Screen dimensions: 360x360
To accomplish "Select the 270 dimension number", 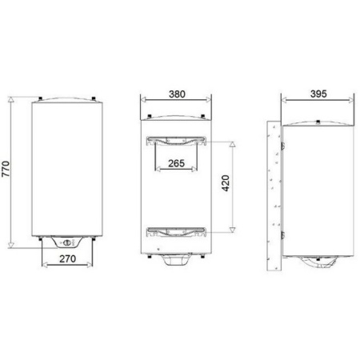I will click(x=67, y=260).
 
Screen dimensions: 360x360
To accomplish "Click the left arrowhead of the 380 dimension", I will click(x=142, y=101).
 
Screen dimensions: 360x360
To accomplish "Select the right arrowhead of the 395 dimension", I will click(x=353, y=101).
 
